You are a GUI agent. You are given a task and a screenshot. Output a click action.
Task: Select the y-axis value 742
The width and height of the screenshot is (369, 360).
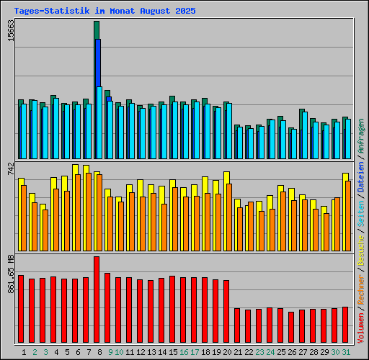tap(10, 169)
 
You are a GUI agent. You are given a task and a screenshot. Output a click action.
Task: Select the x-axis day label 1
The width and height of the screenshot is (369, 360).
tap(25, 351)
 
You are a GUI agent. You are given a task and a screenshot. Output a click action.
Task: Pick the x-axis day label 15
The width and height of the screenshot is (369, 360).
tap(173, 351)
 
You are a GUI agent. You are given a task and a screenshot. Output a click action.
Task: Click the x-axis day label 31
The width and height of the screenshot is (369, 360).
tap(346, 351)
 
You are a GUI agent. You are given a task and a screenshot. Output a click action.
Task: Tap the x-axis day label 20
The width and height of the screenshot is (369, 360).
tap(227, 351)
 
